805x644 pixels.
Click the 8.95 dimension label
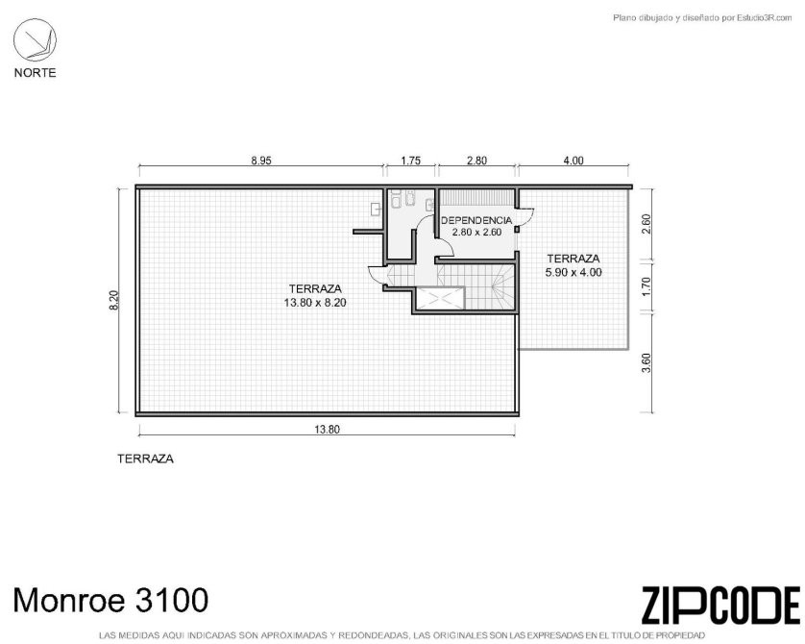260,161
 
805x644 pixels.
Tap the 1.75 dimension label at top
411,161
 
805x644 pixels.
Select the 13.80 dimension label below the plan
327,430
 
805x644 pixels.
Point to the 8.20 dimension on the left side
114,301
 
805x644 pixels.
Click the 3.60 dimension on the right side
646,363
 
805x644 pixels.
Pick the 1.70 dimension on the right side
646,286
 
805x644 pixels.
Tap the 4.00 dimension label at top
573,161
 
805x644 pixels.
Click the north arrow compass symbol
35,40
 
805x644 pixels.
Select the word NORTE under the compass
35,73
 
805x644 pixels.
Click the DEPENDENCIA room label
476,220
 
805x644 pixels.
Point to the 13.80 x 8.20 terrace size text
315,303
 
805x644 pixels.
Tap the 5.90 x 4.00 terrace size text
573,272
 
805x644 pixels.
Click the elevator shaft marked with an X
439,299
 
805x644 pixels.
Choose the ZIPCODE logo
720,606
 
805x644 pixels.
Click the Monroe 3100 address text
110,600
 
